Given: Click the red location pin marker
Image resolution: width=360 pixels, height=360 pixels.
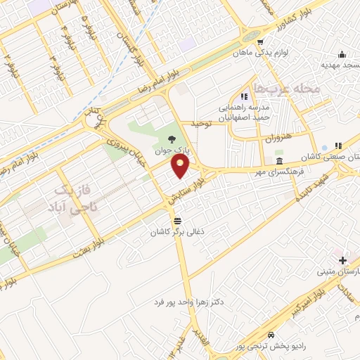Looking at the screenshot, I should (181, 167).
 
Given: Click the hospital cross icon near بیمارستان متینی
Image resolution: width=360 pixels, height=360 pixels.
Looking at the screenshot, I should (342, 260).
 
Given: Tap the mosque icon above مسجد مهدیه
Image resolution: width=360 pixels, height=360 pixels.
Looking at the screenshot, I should (342, 55).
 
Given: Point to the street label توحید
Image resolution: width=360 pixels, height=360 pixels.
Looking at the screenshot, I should (202, 123).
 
